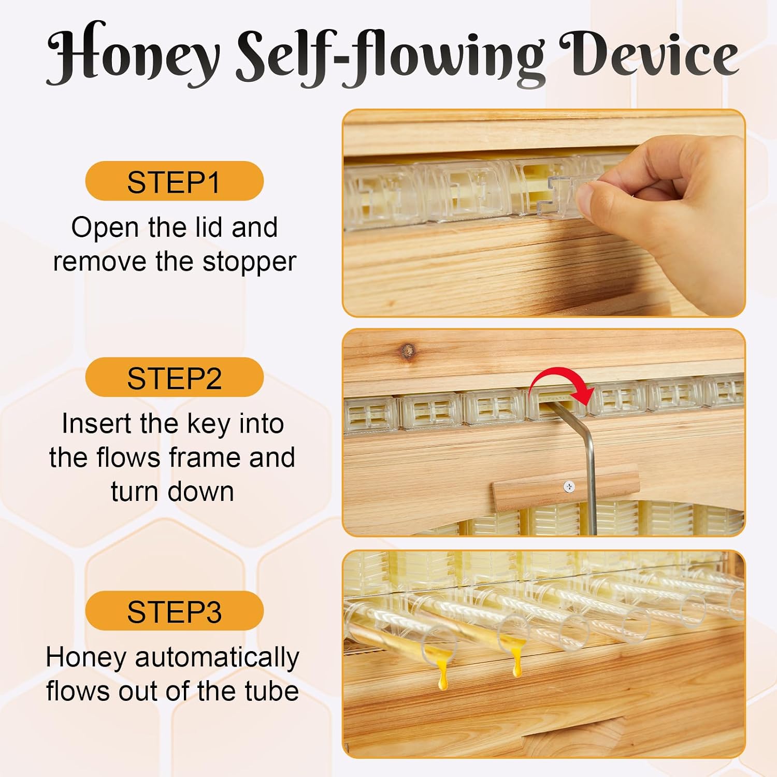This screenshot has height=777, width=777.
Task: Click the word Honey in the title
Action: point(134,54)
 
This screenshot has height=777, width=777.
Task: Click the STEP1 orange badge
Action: point(175,181)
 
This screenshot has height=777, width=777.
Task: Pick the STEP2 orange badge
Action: point(175,377)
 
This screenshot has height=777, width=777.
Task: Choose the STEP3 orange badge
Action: point(175,611)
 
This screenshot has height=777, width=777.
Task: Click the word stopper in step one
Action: point(249,262)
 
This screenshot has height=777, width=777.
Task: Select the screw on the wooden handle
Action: point(569,486)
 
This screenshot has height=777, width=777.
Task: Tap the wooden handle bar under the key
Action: point(565,487)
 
